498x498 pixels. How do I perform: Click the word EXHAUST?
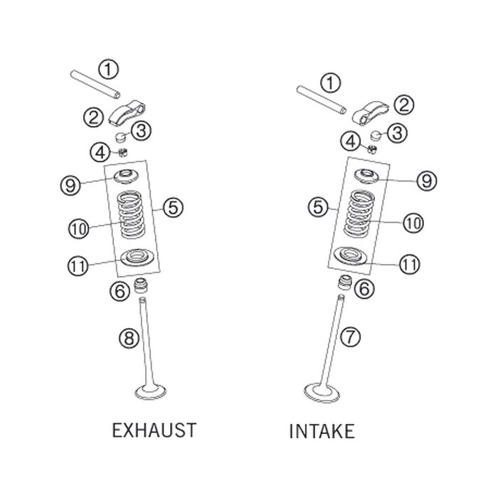(154, 430)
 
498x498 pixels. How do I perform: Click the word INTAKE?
(322, 431)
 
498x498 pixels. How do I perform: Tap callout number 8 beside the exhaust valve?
(129, 338)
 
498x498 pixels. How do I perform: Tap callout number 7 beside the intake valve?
(350, 337)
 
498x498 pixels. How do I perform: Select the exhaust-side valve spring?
(131, 214)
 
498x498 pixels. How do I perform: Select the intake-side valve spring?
(359, 213)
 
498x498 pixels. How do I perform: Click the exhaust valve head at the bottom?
(151, 392)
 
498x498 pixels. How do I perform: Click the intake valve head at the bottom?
(322, 393)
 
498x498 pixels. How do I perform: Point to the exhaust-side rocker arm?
(127, 112)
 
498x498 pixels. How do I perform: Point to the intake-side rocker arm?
(371, 112)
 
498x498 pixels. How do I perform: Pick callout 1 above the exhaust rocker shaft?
(108, 69)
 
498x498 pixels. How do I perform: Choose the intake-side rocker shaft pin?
(321, 100)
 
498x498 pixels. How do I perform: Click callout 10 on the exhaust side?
(78, 228)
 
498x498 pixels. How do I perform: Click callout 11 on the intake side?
(409, 264)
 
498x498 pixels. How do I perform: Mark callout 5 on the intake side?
(318, 208)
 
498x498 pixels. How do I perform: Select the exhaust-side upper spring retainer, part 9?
(127, 176)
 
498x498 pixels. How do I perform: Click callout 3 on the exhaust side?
(141, 130)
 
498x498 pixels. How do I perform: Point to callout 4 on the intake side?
(351, 142)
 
